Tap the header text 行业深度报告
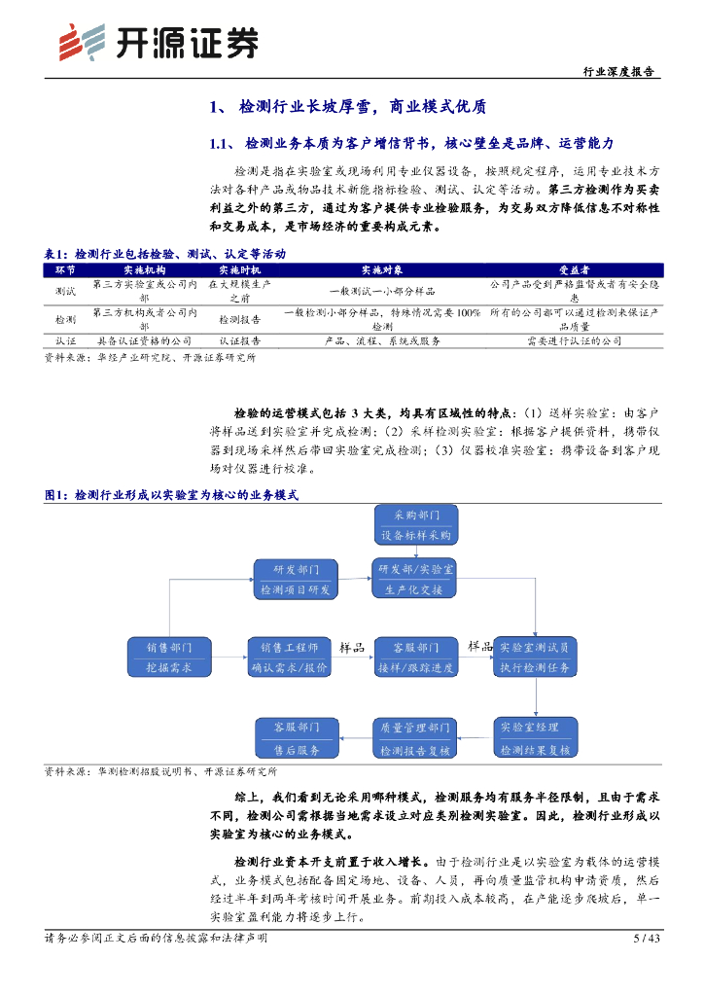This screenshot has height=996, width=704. coord(617,72)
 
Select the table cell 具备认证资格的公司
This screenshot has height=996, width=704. coord(145,342)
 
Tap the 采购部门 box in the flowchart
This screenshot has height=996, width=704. coord(415,524)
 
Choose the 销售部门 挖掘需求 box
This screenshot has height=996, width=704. coord(169,658)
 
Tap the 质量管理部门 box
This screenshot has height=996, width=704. coord(415,738)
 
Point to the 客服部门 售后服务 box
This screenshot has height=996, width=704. coord(296,738)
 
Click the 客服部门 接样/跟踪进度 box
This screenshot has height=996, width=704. coord(415,658)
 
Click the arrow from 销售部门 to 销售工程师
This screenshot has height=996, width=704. coord(229,658)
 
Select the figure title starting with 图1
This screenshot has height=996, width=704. coord(171,495)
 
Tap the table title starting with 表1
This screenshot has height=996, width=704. coord(165,254)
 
